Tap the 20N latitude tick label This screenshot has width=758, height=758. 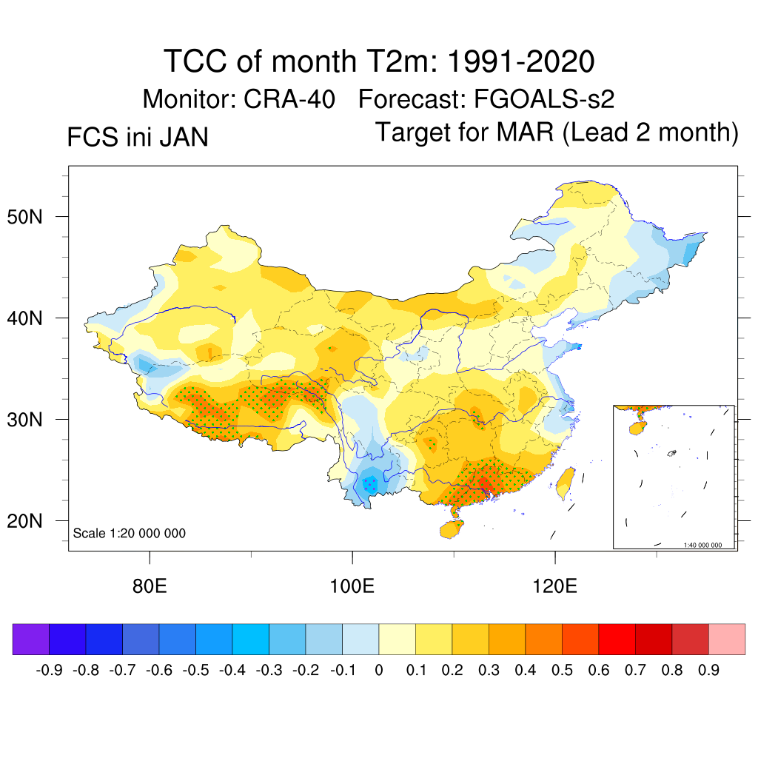(32, 521)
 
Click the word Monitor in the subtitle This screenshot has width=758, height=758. (188, 98)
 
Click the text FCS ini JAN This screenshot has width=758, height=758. (137, 138)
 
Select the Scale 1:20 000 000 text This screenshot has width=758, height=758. (130, 534)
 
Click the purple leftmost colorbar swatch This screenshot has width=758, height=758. (31, 640)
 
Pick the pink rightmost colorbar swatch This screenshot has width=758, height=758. (727, 640)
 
